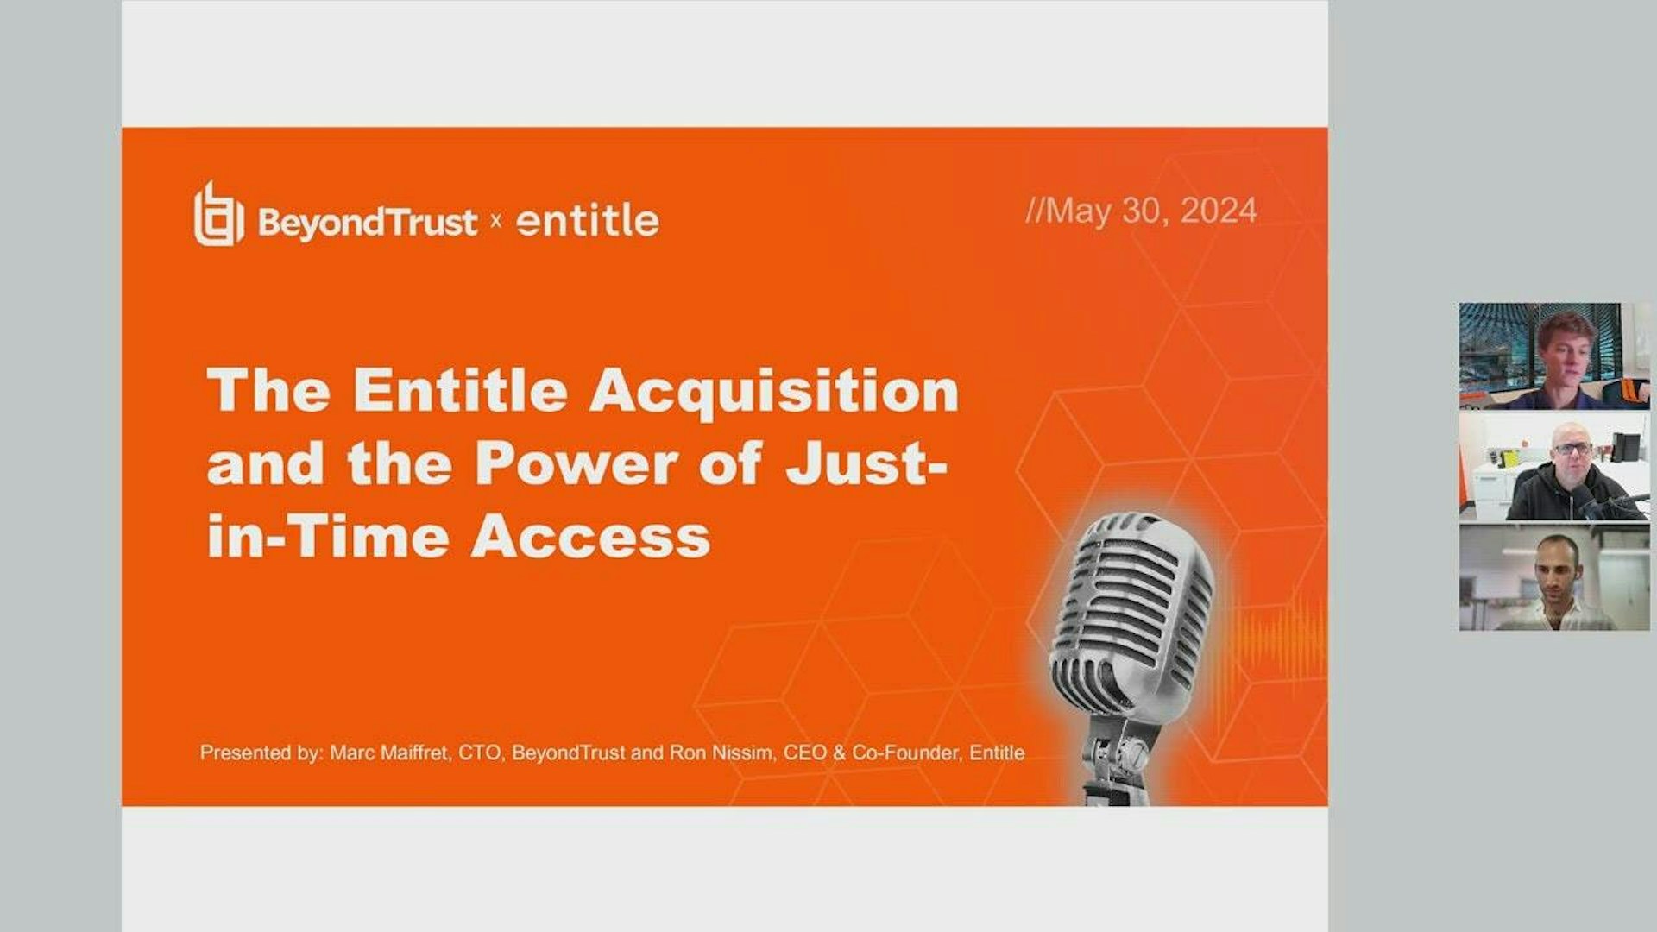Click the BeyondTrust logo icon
(217, 215)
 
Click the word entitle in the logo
(587, 221)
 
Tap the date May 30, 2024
(1141, 211)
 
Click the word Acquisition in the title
(774, 391)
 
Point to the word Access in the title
(590, 538)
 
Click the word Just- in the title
(866, 464)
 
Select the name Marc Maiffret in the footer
(389, 753)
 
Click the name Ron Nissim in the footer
(721, 753)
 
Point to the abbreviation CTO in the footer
(479, 753)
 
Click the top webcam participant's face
(1567, 349)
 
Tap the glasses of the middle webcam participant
(1572, 449)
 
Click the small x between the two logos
(496, 221)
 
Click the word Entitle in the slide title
(460, 391)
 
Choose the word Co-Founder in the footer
(905, 753)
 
